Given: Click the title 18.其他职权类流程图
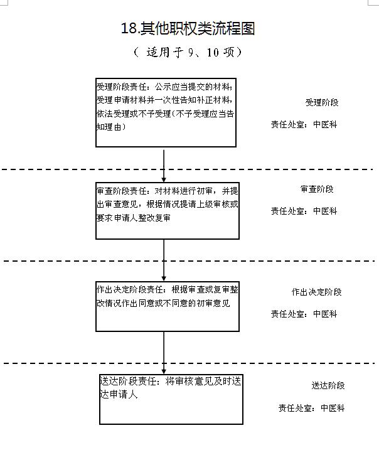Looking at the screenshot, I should click(188, 28).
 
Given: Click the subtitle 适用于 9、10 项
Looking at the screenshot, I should click(188, 53).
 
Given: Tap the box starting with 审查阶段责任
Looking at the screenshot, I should click(167, 211).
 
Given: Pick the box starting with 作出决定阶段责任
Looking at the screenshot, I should click(167, 306).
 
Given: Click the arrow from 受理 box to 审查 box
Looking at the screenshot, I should click(164, 164).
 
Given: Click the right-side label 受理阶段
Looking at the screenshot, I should click(322, 102).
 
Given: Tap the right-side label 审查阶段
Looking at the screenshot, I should click(317, 189).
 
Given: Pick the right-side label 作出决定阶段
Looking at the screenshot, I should click(316, 292).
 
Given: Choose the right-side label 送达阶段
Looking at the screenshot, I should click(328, 385).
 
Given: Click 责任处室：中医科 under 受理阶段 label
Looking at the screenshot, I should click(304, 125).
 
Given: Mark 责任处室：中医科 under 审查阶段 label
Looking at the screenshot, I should click(304, 211).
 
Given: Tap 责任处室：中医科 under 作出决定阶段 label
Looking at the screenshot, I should click(304, 314).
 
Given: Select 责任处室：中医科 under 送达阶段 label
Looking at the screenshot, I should click(312, 408).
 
